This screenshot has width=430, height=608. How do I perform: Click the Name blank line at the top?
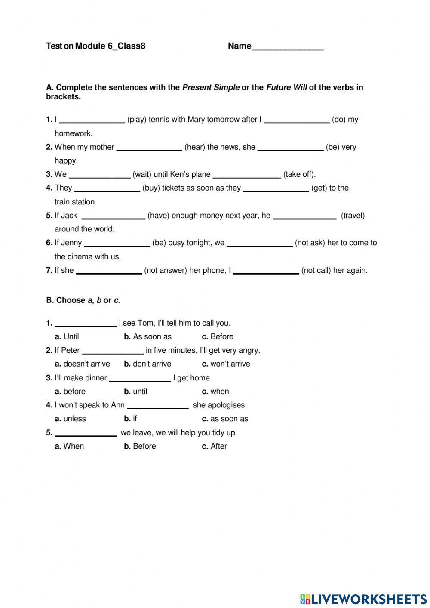pyautogui.click(x=287, y=47)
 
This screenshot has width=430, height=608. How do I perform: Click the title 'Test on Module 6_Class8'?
pyautogui.click(x=95, y=46)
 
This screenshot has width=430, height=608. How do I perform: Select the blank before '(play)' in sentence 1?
pyautogui.click(x=92, y=120)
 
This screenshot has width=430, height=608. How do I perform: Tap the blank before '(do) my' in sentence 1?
pyautogui.click(x=296, y=120)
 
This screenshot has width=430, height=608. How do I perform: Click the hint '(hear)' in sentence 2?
pyautogui.click(x=194, y=147)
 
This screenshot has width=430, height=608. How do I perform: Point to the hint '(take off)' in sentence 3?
pyautogui.click(x=299, y=174)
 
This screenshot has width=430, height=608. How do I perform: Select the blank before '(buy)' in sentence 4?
pyautogui.click(x=107, y=188)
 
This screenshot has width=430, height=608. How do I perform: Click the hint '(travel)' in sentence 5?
pyautogui.click(x=353, y=216)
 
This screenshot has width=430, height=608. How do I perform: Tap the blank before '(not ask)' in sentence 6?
pyautogui.click(x=259, y=243)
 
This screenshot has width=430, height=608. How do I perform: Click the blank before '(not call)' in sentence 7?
pyautogui.click(x=266, y=271)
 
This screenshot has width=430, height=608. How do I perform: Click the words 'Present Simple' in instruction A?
pyautogui.click(x=211, y=87)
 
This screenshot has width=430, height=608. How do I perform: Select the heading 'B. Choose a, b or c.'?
pyautogui.click(x=83, y=300)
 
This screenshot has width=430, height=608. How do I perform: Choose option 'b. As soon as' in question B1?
pyautogui.click(x=147, y=336)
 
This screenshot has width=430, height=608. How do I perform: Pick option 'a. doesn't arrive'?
pyautogui.click(x=82, y=364)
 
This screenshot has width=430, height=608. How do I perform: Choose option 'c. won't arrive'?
pyautogui.click(x=226, y=364)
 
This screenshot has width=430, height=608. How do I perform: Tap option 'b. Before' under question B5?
pyautogui.click(x=140, y=446)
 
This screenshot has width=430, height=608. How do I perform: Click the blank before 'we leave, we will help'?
pyautogui.click(x=86, y=433)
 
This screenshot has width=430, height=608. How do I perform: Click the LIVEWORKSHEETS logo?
pyautogui.click(x=363, y=599)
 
